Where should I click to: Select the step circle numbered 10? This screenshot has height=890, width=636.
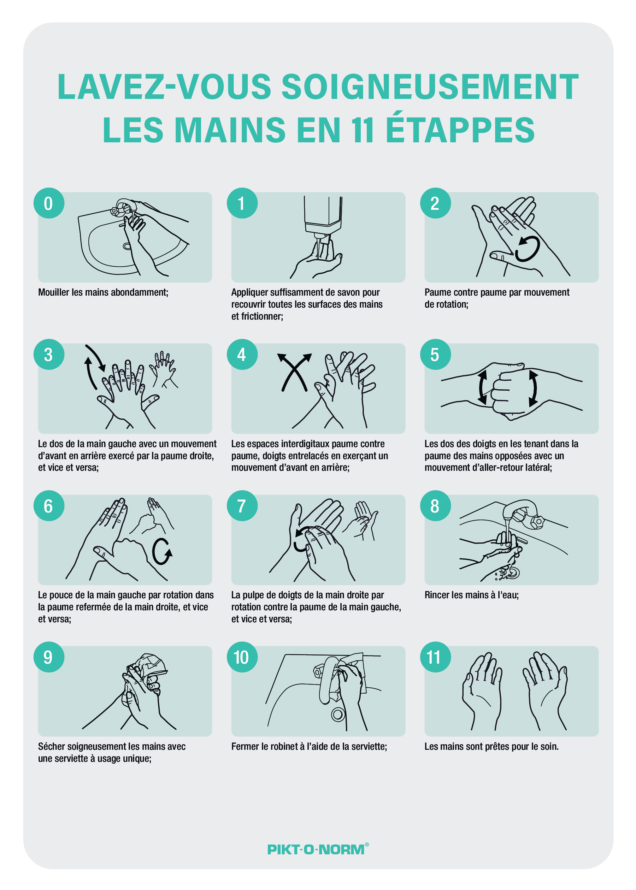click(242, 657)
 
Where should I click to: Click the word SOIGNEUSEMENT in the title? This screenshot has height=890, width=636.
click(430, 87)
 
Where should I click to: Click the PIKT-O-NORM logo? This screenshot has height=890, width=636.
click(318, 849)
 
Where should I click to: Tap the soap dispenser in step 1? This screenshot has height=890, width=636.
click(323, 218)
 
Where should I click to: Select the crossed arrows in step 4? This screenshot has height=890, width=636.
click(294, 372)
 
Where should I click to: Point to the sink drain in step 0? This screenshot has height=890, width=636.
click(127, 246)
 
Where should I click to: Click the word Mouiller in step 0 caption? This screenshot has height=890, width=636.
click(54, 292)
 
